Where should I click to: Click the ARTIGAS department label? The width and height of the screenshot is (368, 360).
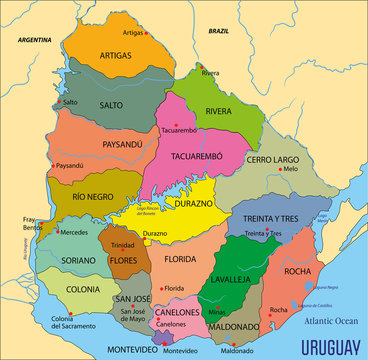pyautogui.click(x=116, y=56)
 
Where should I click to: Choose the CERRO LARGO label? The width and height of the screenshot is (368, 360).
pyautogui.click(x=272, y=159)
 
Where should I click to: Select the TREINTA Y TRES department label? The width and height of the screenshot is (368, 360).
pyautogui.click(x=273, y=219)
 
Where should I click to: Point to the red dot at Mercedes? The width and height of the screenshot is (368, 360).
pyautogui.click(x=56, y=232)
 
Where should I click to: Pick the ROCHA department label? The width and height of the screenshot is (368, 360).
pyautogui.click(x=298, y=271)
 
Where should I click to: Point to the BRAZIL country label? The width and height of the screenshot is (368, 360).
pyautogui.click(x=218, y=31)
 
